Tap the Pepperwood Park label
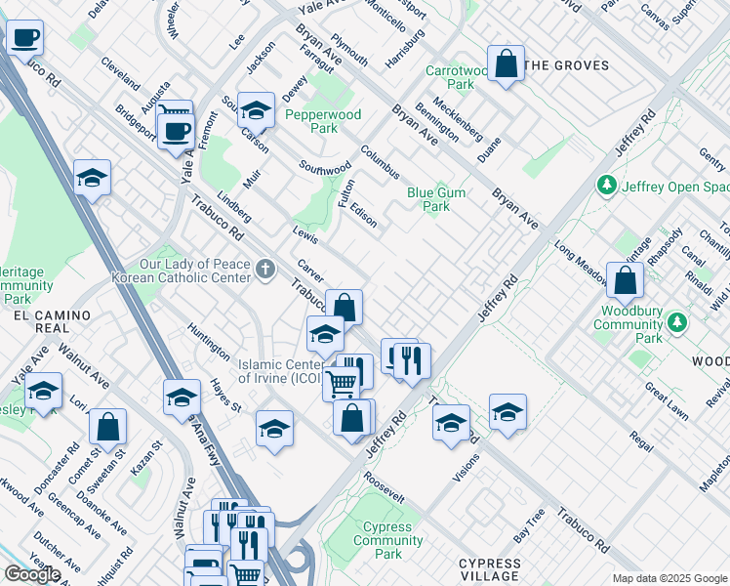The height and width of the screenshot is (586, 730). (x=323, y=121)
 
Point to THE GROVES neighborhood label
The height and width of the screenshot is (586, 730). (x=566, y=65)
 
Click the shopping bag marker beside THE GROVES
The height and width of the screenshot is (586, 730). (x=506, y=65)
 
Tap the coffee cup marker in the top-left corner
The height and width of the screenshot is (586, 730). (x=25, y=39)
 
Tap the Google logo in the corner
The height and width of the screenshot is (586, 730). (x=31, y=574)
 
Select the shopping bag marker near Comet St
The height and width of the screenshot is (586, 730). (x=107, y=427)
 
